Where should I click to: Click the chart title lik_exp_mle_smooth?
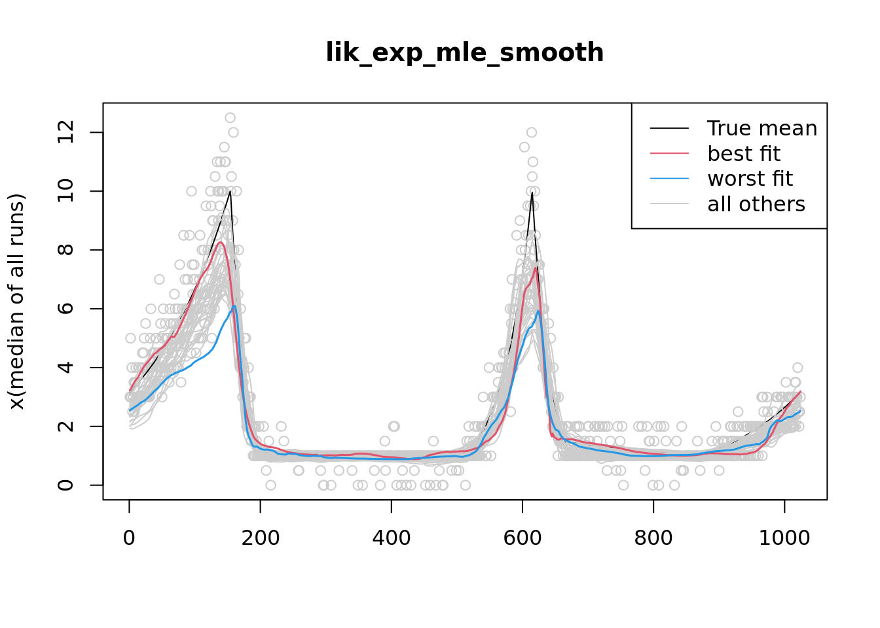click(464, 53)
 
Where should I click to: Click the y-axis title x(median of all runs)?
click(16, 302)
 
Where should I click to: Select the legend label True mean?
click(762, 129)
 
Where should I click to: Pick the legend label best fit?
click(744, 154)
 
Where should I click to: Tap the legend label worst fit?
click(750, 179)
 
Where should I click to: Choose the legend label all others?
click(756, 204)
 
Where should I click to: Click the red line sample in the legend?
click(669, 154)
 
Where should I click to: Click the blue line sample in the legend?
click(669, 179)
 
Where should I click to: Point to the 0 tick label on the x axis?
click(129, 538)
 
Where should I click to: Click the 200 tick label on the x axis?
click(261, 538)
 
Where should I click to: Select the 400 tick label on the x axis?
click(392, 538)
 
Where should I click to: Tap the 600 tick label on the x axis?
click(522, 538)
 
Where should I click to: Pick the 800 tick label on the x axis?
click(653, 538)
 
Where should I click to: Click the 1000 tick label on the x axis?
click(784, 538)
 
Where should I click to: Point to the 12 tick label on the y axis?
click(65, 133)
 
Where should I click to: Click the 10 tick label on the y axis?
click(65, 191)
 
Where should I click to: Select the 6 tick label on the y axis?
click(65, 309)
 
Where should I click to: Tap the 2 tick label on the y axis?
click(65, 427)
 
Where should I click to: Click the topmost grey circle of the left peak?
click(230, 118)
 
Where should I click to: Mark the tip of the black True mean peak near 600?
click(532, 192)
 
